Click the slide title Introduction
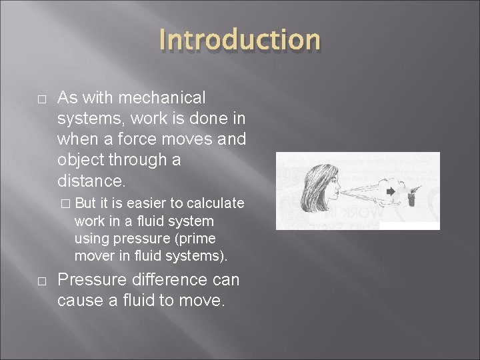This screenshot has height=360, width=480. coord(240,40)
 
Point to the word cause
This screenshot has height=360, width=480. coord(83,301)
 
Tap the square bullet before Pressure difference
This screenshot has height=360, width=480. coord(41,281)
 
